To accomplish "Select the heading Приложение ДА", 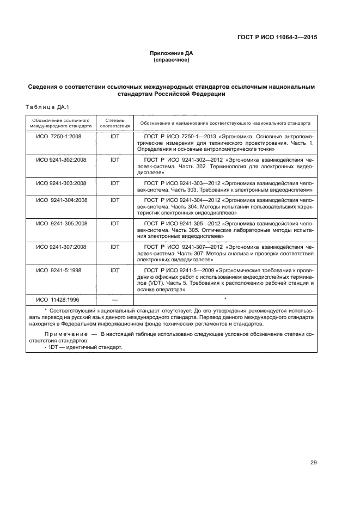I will click(x=172, y=53).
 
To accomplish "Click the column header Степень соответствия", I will click(x=115, y=122).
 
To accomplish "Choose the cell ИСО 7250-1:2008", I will click(x=59, y=136).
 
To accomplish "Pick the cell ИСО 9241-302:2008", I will click(x=61, y=160).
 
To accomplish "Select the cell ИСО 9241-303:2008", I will click(x=61, y=183).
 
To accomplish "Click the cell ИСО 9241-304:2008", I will click(x=61, y=200).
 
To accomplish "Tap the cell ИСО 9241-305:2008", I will click(x=61, y=223).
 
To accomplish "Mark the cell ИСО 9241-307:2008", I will click(x=61, y=247).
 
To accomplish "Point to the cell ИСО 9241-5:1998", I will click(x=59, y=270).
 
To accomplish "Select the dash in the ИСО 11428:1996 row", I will click(x=115, y=299).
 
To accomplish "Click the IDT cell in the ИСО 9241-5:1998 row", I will click(x=115, y=270).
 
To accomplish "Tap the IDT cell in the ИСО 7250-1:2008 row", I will click(x=115, y=136).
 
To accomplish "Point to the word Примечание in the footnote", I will click(x=65, y=333).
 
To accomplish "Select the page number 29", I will click(x=314, y=463).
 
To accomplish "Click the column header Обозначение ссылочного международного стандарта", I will click(x=60, y=122).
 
